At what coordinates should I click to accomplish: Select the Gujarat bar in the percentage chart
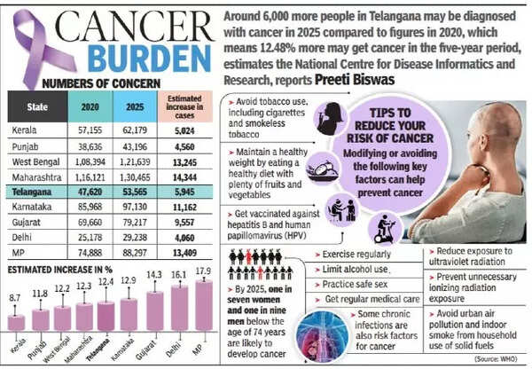click(x=158, y=311)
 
